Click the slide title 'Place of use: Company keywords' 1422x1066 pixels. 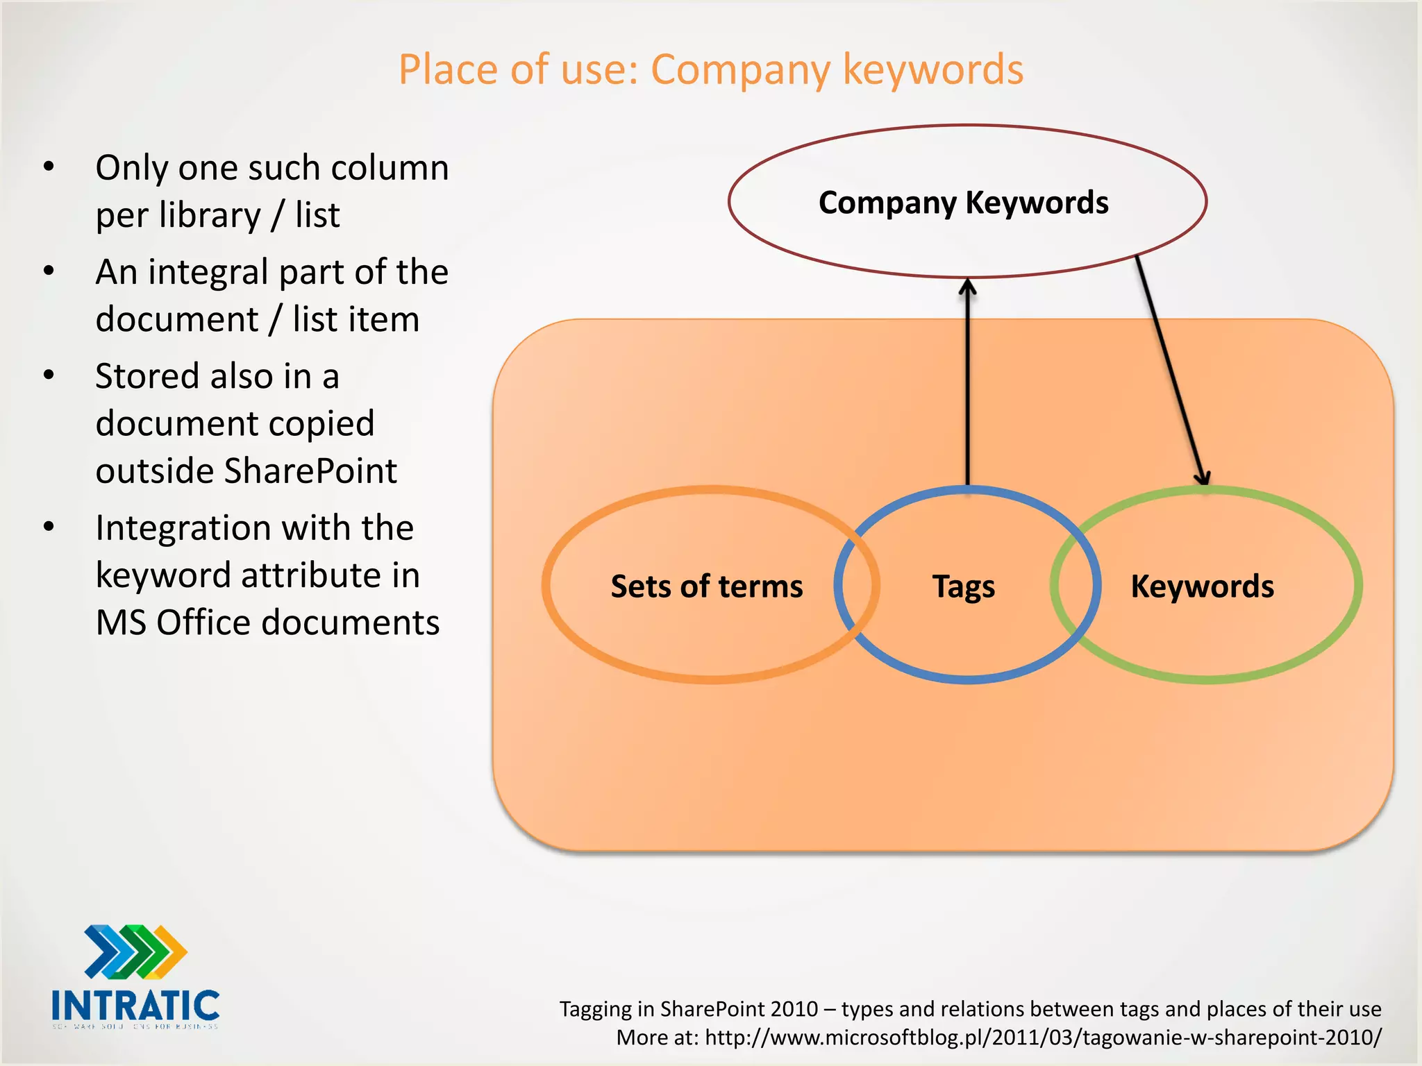point(710,69)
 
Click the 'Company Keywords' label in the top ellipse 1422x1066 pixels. point(963,203)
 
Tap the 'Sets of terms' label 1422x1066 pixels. point(706,586)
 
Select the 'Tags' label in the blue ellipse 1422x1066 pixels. point(963,587)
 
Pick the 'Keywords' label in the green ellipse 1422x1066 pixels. point(1202,586)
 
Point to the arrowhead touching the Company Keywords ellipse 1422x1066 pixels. point(967,286)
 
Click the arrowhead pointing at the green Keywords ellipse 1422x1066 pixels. point(1203,477)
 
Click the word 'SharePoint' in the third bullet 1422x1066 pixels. point(310,471)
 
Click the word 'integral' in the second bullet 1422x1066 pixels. point(218,273)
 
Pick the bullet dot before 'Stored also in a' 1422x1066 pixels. point(49,375)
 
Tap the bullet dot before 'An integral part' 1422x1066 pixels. point(49,271)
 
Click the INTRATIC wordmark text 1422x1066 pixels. point(135,1006)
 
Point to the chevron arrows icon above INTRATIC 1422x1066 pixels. point(135,951)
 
